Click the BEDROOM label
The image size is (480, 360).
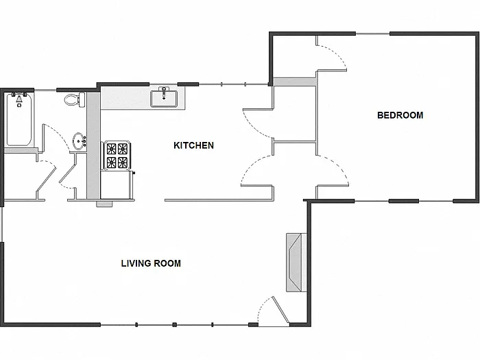(400, 115)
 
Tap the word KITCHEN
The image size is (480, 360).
(193, 145)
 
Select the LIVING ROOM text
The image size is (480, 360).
(151, 263)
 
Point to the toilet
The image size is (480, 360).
(72, 101)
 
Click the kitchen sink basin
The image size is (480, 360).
(164, 99)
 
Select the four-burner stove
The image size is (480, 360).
(116, 156)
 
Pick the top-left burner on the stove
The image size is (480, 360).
(110, 149)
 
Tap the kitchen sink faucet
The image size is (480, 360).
(164, 89)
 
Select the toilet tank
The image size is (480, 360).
(80, 100)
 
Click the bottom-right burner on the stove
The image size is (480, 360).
(122, 163)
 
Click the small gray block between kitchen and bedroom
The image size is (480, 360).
(294, 82)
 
